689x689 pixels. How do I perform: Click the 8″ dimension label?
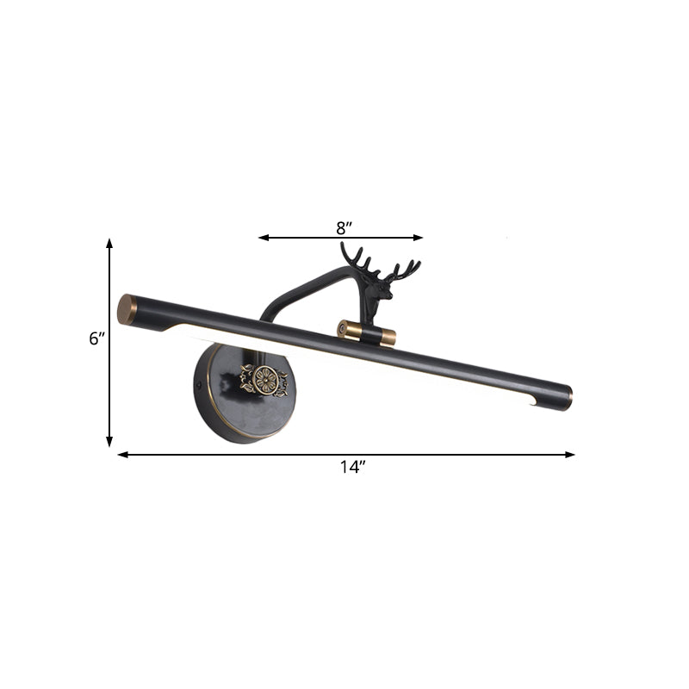pos(344,227)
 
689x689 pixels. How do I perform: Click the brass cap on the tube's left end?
pos(127,309)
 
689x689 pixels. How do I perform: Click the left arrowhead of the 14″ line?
pos(122,454)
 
